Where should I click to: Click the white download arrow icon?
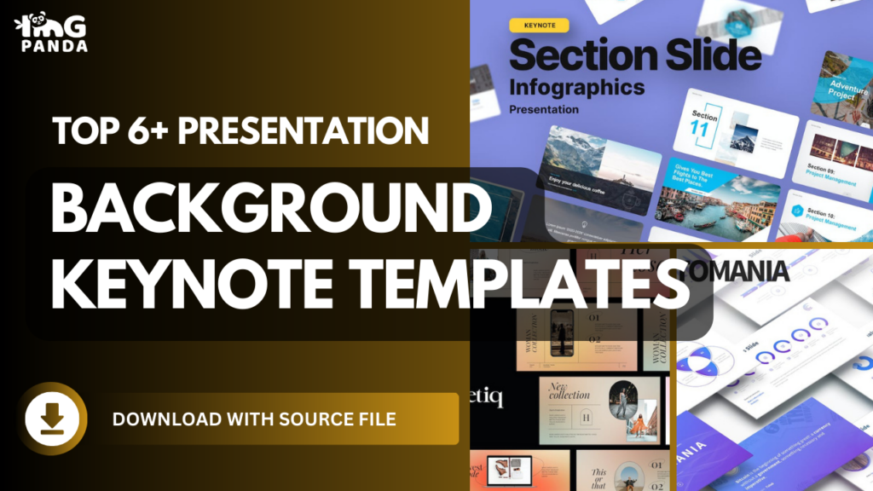click(x=52, y=418)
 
